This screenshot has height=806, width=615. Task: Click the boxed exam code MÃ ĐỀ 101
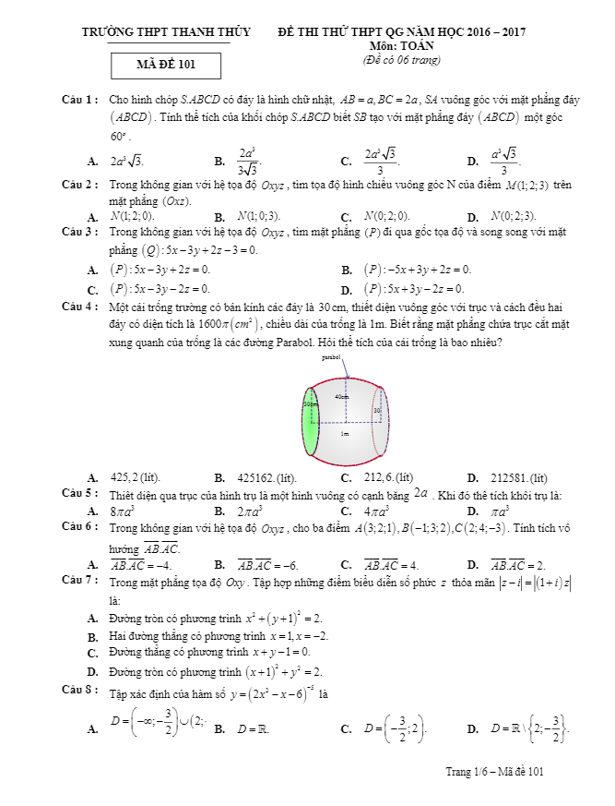(166, 65)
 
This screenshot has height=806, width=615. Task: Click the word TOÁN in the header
(411, 45)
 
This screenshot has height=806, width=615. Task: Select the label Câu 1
(79, 99)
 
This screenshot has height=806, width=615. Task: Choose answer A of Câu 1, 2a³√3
(126, 161)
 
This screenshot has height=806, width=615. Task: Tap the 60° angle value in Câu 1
(119, 136)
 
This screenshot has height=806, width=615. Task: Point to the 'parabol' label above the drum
(332, 356)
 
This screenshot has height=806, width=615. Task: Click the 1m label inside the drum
(345, 433)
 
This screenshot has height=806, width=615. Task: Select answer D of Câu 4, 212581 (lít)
(506, 477)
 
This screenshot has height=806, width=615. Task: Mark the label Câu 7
(79, 582)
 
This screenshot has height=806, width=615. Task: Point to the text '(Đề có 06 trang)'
(402, 60)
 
